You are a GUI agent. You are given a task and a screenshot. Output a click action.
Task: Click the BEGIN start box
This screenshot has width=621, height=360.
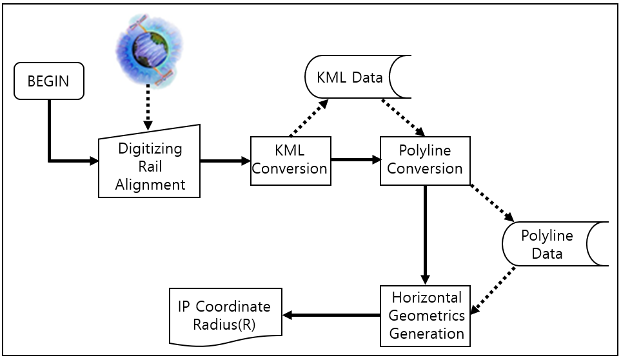[49, 81]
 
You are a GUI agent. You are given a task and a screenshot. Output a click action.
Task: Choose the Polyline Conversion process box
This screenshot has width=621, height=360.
[424, 161]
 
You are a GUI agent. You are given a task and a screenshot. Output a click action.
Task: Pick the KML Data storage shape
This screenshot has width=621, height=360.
[358, 77]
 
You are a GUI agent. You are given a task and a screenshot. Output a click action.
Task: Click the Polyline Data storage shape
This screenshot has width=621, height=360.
[555, 244]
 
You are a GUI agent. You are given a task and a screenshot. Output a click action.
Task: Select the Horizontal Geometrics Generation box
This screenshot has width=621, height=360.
[424, 315]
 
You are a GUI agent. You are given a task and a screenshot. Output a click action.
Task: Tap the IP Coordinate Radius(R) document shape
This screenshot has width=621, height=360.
[225, 315]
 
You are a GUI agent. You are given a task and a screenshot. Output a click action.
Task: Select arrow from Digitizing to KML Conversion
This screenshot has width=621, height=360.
[225, 161]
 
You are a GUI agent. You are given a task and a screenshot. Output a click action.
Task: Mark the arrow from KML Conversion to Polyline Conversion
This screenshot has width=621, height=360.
[355, 159]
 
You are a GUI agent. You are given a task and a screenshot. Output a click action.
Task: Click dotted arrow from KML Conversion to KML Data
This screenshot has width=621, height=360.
[310, 118]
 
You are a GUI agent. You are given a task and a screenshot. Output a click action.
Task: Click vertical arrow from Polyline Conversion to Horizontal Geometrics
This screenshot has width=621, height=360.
[425, 235]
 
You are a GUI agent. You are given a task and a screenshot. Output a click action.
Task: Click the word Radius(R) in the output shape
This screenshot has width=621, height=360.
[224, 324]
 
